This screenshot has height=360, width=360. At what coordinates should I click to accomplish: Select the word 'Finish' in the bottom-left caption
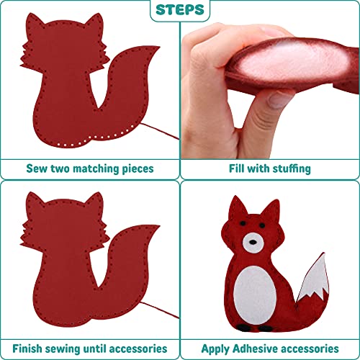[x=42, y=348]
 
